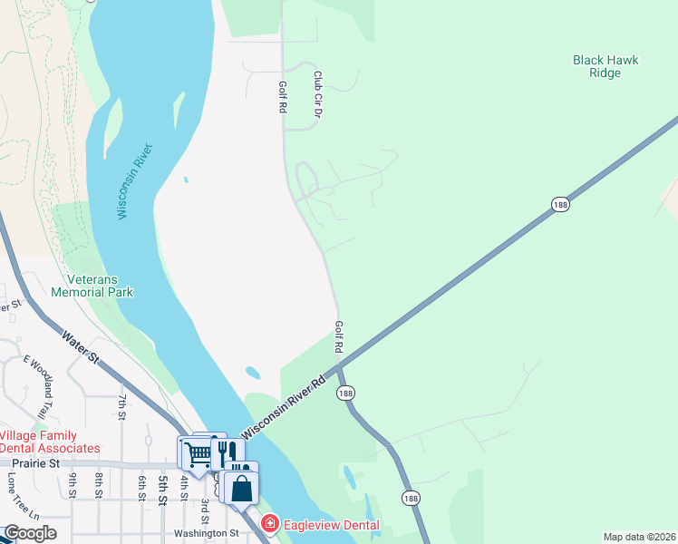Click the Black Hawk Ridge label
(605, 66)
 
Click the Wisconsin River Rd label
(283, 405)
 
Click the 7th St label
(121, 406)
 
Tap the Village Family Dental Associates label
(50, 442)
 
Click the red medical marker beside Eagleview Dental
(269, 524)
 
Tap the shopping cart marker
(197, 452)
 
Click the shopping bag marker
(242, 488)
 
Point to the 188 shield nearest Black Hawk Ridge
(560, 206)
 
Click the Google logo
(29, 533)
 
